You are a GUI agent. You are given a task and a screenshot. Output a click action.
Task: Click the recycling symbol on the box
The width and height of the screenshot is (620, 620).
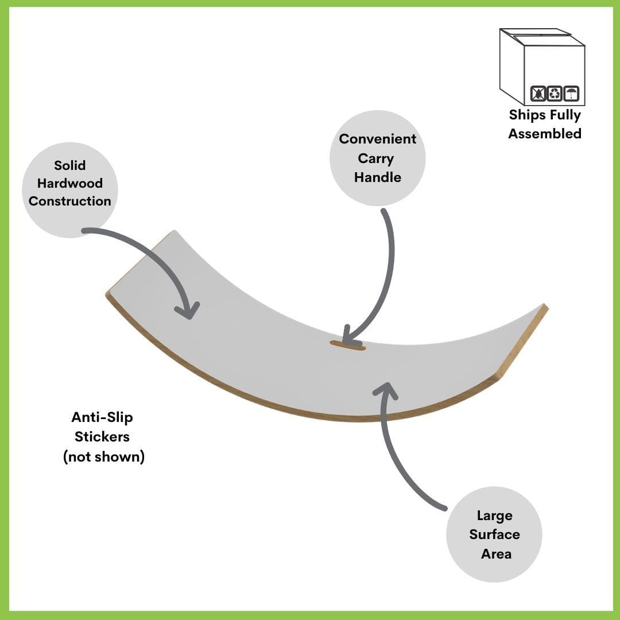555,93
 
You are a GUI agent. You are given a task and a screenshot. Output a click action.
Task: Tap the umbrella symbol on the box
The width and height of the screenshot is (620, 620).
571,93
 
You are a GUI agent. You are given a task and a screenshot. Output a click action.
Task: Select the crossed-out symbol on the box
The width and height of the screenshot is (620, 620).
538,93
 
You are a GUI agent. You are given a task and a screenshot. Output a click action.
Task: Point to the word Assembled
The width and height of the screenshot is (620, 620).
545,134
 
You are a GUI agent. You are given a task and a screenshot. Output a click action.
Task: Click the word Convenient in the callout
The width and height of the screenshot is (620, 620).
377,139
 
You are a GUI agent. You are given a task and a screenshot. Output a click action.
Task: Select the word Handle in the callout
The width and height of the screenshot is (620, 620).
377,177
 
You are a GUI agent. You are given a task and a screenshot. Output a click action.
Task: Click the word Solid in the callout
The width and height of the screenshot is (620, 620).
69,165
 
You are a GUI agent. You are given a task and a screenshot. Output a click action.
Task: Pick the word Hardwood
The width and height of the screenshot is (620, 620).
70,183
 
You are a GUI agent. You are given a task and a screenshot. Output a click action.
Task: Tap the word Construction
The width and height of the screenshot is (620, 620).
70,201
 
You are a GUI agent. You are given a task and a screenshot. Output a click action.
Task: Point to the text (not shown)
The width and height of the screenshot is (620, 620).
103,458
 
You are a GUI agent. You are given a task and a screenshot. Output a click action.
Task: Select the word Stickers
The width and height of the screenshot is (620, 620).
102,437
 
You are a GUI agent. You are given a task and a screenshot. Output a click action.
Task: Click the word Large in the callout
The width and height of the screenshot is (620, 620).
494,516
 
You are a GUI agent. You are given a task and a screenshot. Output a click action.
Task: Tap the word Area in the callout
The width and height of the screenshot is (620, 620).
496,554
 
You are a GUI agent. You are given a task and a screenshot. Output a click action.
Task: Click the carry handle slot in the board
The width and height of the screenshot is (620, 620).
347,346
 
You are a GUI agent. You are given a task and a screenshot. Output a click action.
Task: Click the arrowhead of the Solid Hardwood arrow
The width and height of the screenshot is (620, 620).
188,311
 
